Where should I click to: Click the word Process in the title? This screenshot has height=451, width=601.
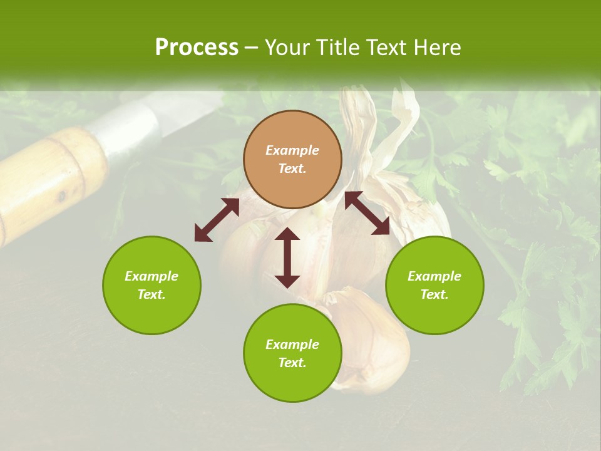coord(197,48)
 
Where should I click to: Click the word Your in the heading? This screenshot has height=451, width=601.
coord(289,48)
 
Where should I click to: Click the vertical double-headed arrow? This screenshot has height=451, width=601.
coord(287,257)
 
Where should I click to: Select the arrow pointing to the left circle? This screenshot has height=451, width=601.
coord(217,220)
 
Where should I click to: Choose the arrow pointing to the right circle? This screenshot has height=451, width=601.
coord(367,213)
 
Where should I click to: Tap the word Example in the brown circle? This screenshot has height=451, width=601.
coord(292,150)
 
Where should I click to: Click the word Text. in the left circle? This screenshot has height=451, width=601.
coord(152,294)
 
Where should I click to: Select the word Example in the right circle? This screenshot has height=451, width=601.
coord(434,276)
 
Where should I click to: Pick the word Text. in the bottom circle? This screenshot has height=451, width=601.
coord(292,363)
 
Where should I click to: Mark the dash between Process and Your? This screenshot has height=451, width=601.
coord(251,48)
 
